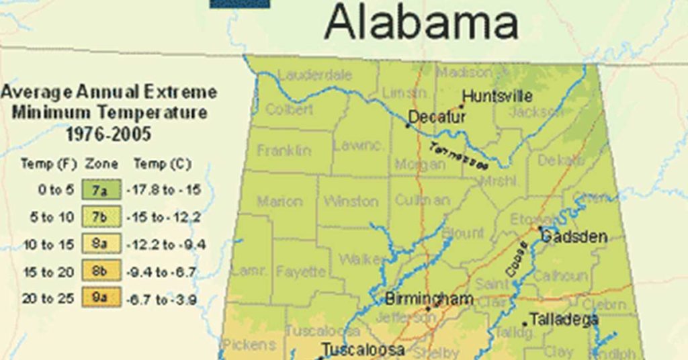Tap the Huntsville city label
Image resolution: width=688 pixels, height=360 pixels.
(x=497, y=95)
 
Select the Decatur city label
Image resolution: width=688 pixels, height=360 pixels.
(x=437, y=117)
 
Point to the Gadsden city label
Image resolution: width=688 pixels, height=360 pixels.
(x=574, y=236)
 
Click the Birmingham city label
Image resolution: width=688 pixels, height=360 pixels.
(x=429, y=298)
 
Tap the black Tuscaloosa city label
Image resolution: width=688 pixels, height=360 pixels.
(x=363, y=349)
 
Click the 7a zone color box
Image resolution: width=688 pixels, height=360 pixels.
(x=100, y=190)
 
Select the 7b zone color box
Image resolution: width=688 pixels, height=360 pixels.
(x=100, y=217)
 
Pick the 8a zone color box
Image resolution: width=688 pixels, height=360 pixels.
(x=100, y=244)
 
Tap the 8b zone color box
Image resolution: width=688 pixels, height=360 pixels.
(x=100, y=271)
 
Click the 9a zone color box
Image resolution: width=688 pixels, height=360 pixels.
(x=100, y=298)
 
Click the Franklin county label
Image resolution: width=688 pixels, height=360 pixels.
(x=284, y=150)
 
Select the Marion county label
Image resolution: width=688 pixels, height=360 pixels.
(x=279, y=201)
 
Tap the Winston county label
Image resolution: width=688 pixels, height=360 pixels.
(x=351, y=201)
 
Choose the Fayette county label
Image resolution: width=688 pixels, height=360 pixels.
(x=300, y=273)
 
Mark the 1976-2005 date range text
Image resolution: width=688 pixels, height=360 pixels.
(x=108, y=134)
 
